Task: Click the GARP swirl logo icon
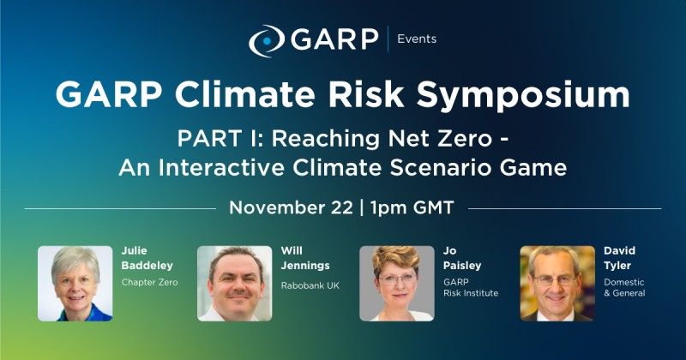267,40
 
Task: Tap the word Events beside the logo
417,39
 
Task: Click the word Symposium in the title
523,94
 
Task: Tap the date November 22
291,207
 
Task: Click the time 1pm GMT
412,207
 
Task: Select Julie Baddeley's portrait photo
75,284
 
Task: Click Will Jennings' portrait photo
234,284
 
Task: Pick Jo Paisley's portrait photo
397,284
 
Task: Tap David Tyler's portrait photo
557,284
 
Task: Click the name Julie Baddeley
147,258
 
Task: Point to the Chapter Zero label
149,282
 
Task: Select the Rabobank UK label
310,285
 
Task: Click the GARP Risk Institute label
471,287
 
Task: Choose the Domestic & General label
624,287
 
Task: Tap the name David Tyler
619,258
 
